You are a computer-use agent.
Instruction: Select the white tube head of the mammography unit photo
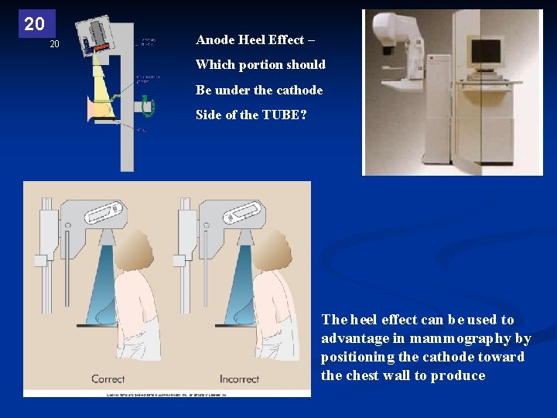coord(396,31)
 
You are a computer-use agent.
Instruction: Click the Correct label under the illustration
coord(108,379)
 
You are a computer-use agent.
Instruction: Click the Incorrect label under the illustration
coord(239,379)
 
